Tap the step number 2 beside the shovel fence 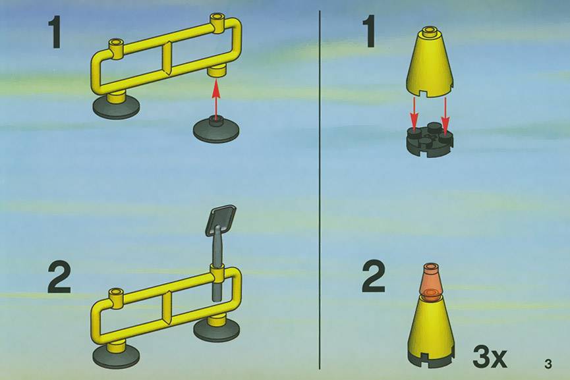coord(59,279)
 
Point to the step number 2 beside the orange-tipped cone coord(374,278)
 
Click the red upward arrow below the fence coord(216,99)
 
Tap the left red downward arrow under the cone coord(414,112)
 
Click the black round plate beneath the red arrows coord(430,140)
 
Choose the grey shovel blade coord(221,220)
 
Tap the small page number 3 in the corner coord(548,364)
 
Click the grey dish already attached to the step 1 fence coord(116,107)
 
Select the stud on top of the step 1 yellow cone coord(430,30)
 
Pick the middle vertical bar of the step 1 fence coord(167,59)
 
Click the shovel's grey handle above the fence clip coord(217,247)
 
